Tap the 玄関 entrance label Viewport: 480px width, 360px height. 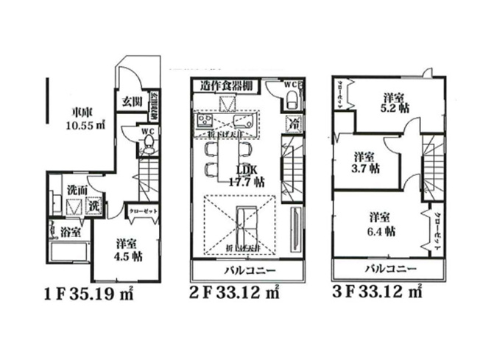[x=132, y=101]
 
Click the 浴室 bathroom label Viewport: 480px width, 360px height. [x=71, y=233]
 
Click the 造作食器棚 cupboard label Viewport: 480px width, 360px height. [x=225, y=86]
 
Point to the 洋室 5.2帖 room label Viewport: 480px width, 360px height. [x=395, y=102]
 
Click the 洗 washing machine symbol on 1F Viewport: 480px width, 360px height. [x=94, y=207]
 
